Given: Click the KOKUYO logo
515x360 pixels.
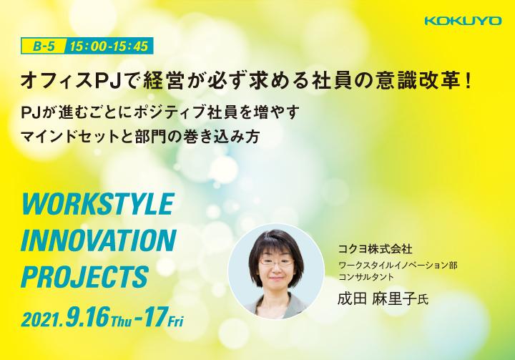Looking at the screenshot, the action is click(x=463, y=21).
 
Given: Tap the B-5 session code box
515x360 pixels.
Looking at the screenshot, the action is click(x=44, y=46).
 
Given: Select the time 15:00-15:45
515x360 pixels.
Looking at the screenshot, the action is click(x=109, y=46).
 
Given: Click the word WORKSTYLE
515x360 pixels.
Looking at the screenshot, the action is click(x=97, y=205).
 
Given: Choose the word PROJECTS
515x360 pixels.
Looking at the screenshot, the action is click(x=84, y=277).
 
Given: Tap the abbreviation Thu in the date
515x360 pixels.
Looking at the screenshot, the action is click(x=121, y=321).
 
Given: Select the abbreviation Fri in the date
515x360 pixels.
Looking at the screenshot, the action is click(x=175, y=321).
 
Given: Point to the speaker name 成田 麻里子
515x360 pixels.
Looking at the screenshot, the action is click(x=377, y=299).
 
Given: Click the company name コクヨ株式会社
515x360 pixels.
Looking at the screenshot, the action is click(x=375, y=249).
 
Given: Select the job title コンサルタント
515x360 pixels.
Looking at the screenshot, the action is click(x=366, y=277).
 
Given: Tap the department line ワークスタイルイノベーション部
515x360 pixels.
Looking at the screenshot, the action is click(x=398, y=265).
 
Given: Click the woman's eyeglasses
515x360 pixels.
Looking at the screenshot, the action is click(x=276, y=262).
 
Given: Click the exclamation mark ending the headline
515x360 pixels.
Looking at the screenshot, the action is click(x=469, y=81).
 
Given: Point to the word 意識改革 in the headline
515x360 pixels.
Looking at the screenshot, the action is click(x=416, y=81).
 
